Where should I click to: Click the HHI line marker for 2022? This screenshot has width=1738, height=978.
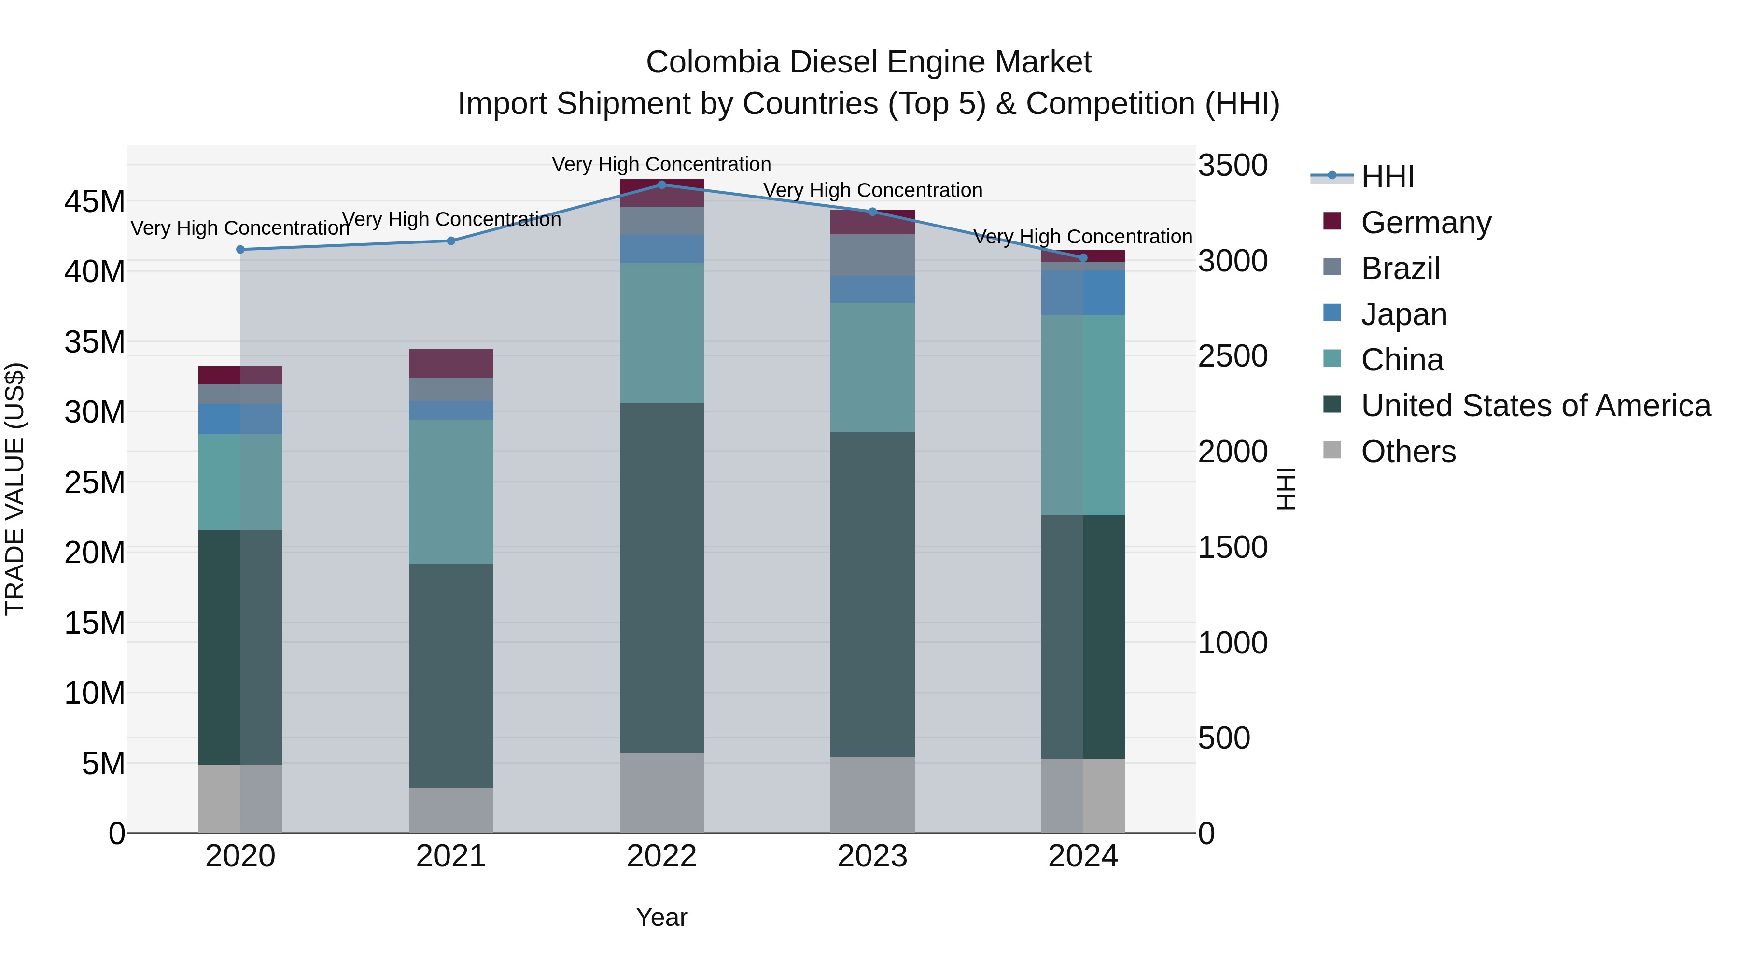661,185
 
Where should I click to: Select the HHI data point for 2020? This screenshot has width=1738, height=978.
240,250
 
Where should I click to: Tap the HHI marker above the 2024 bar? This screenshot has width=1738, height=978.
1083,258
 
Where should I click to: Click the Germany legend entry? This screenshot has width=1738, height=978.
1425,223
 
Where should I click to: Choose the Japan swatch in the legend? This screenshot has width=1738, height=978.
1332,313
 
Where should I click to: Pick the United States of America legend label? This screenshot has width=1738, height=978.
1536,406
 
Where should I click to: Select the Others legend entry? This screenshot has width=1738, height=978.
1408,452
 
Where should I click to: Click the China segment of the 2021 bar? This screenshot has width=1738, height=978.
451,492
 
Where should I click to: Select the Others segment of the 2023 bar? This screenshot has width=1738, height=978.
872,794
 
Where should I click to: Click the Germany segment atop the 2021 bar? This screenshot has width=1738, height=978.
451,363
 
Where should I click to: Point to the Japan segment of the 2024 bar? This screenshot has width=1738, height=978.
1083,293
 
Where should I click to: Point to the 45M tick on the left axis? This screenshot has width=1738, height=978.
95,202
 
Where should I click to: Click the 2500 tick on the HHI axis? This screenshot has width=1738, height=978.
1232,356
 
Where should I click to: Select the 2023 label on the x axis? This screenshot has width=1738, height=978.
872,856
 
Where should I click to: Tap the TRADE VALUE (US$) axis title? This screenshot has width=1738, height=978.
15,489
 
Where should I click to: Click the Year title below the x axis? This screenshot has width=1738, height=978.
661,917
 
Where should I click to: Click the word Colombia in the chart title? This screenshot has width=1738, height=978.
713,62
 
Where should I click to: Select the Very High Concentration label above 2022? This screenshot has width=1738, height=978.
661,164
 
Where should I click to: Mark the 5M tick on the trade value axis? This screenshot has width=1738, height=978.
103,764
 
